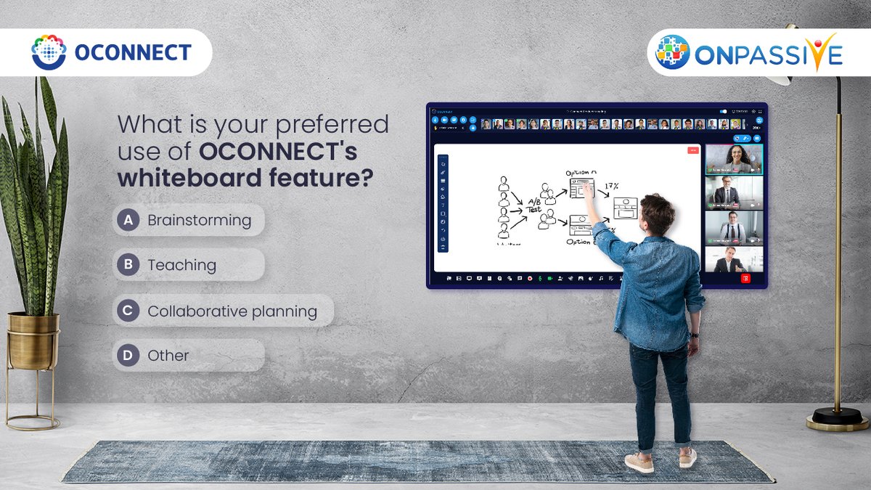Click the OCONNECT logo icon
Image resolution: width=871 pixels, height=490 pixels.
tap(49, 52)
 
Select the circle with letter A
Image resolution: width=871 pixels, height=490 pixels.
tap(128, 221)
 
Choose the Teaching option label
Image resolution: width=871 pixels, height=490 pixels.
tap(181, 266)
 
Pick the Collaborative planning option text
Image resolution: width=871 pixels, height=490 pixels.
tap(232, 311)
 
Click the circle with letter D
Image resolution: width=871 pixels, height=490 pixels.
tap(128, 356)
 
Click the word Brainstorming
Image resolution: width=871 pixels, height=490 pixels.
tap(199, 221)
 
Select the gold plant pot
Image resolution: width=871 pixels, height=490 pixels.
tap(33, 342)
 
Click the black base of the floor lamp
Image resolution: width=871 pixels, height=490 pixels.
tap(837, 417)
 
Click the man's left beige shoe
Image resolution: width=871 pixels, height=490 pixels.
tap(639, 462)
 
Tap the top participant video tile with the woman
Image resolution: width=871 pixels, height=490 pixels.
tap(734, 159)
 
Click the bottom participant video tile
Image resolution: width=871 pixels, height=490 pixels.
tap(734, 259)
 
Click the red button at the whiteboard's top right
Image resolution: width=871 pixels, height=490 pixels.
tap(692, 150)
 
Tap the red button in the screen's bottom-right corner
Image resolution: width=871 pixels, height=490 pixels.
tap(745, 278)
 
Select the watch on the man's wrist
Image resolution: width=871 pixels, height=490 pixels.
tap(694, 335)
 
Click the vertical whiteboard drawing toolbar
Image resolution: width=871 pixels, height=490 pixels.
tap(443, 203)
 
